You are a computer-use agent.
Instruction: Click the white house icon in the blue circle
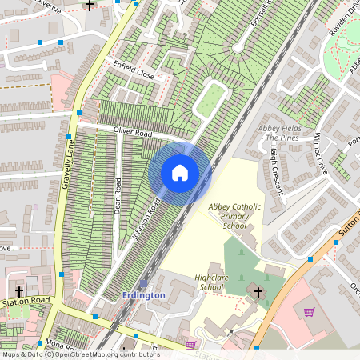tap(180, 172)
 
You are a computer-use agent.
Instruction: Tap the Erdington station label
tap(143, 295)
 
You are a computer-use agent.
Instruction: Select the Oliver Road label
tap(133, 132)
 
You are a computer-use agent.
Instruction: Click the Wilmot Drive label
tap(322, 154)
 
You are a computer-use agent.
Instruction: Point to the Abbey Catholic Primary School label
tap(234, 216)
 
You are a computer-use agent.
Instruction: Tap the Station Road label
tap(26, 302)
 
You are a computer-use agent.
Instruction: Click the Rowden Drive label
tap(340, 23)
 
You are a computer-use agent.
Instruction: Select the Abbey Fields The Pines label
tap(279, 133)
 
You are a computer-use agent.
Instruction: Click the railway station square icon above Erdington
tap(143, 283)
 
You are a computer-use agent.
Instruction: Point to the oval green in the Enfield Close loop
tap(210, 101)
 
